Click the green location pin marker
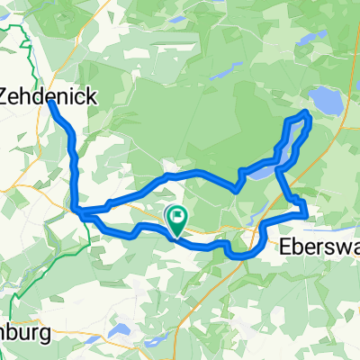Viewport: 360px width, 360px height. (x=176, y=219)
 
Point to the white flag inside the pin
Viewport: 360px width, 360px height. (x=177, y=215)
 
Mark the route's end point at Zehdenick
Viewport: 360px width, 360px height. (x=50, y=103)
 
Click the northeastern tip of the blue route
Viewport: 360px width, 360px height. (x=307, y=113)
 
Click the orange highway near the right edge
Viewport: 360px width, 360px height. (x=335, y=135)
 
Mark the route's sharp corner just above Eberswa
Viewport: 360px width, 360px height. (x=306, y=214)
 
